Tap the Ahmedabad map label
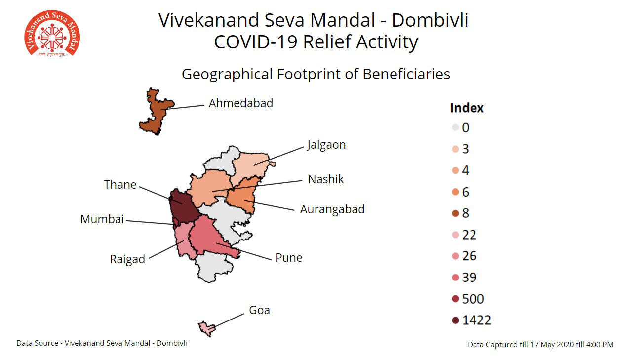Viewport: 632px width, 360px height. point(240,103)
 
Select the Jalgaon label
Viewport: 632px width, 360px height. point(326,145)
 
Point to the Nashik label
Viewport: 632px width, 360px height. point(325,179)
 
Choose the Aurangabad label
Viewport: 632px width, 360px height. point(332,209)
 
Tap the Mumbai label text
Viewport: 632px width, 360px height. point(102,219)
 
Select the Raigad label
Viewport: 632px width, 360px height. point(127,259)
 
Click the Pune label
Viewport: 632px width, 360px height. point(289,258)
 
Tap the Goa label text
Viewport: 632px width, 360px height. point(259,310)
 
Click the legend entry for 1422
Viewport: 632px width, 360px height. point(472,320)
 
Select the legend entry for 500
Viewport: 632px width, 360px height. point(468,299)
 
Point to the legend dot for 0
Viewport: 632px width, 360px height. point(455,128)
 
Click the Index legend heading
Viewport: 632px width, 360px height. point(467,108)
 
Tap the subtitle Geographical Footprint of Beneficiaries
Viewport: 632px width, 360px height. point(316,74)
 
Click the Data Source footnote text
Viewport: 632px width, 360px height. point(102,343)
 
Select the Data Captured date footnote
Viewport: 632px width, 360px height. point(540,344)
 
